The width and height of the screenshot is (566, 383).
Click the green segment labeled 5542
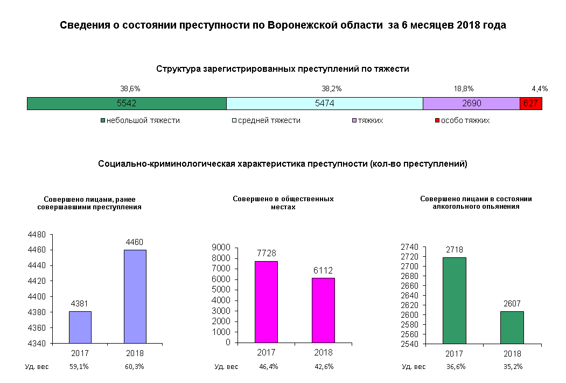(127, 104)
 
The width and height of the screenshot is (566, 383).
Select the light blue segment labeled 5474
(324, 104)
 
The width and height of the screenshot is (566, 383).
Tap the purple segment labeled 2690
(471, 104)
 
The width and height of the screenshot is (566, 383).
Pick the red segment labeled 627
(530, 104)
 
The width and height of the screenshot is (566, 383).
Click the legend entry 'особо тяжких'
(465, 120)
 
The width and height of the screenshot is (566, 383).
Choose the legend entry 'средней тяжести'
(269, 120)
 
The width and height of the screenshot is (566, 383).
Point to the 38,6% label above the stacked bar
(130, 88)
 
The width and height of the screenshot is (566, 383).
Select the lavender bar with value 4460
(135, 296)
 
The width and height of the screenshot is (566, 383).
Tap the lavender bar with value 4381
(80, 327)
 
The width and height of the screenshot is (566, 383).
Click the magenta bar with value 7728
(266, 302)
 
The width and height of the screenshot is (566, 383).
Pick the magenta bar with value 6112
(323, 310)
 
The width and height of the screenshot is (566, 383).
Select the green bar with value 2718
(454, 300)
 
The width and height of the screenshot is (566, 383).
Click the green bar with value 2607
(512, 327)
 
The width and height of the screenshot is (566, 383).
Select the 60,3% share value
(134, 367)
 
